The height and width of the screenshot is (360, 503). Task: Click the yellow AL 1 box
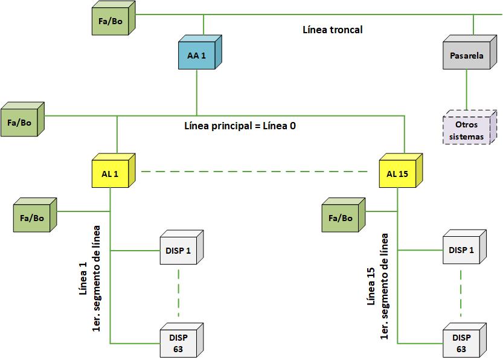(110, 174)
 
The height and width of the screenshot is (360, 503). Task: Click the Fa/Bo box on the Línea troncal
(111, 21)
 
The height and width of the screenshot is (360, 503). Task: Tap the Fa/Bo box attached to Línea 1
(33, 217)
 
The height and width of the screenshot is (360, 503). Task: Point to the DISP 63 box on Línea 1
(179, 342)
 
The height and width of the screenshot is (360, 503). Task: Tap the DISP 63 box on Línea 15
(462, 342)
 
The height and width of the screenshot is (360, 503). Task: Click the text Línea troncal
(332, 29)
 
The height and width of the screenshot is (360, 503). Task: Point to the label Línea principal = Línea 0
(240, 126)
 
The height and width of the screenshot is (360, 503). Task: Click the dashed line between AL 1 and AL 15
(254, 172)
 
